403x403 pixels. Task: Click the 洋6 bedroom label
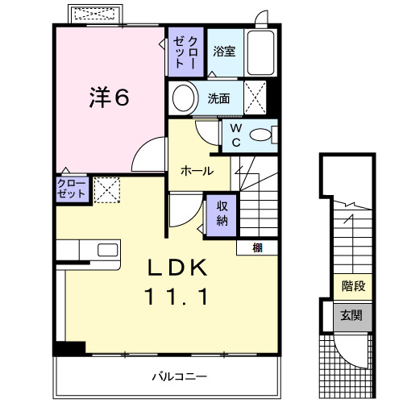pyautogui.click(x=109, y=98)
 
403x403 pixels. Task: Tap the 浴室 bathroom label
pyautogui.click(x=224, y=52)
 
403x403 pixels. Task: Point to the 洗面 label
pyautogui.click(x=219, y=99)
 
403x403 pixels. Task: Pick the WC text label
pyautogui.click(x=236, y=134)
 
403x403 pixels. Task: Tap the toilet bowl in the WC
pyautogui.click(x=262, y=135)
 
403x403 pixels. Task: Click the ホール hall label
pyautogui.click(x=197, y=171)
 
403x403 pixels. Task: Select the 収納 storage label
pyautogui.click(x=221, y=212)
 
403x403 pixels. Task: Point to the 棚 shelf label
pyautogui.click(x=257, y=247)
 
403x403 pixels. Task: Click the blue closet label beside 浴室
pyautogui.click(x=187, y=51)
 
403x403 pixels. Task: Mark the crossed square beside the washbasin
pyautogui.click(x=256, y=98)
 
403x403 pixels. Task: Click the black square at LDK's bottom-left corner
pyautogui.click(x=69, y=348)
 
